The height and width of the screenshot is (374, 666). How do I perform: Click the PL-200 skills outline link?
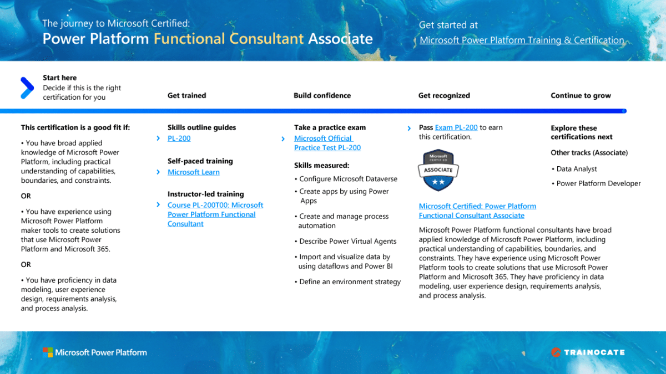[179, 139]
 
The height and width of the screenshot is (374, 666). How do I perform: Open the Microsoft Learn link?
[193, 172]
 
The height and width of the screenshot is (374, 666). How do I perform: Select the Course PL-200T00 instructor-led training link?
[215, 214]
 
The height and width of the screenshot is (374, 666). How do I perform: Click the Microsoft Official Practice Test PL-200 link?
[327, 143]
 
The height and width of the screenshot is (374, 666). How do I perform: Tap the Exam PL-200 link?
[456, 127]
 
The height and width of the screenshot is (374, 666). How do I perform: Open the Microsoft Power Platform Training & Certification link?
[522, 40]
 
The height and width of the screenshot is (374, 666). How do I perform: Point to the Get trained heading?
[186, 95]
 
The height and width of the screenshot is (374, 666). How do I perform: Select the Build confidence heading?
[322, 95]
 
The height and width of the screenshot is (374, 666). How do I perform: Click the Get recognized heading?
[444, 95]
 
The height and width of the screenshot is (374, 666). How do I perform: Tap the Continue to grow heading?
[581, 95]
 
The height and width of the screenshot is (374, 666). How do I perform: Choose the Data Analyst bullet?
[577, 169]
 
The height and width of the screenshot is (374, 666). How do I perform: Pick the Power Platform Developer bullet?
[598, 183]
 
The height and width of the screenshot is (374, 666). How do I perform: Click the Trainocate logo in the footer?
[588, 352]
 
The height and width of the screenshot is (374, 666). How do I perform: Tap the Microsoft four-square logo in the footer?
[48, 352]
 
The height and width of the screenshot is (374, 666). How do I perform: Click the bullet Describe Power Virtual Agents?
[347, 242]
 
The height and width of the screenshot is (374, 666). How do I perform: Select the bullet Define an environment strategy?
[350, 282]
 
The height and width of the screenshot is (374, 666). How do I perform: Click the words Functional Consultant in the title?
[229, 39]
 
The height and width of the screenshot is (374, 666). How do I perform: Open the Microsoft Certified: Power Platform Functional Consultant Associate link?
[477, 211]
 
